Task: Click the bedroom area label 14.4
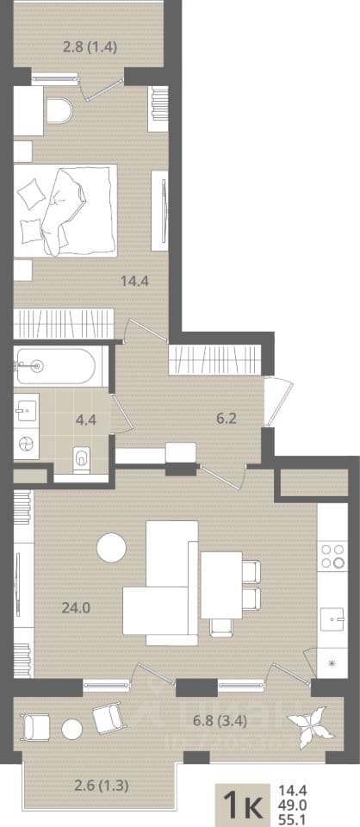pos(135,281)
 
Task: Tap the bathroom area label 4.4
pos(85,420)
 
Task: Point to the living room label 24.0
pos(77,607)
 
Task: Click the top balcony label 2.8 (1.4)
pos(90,47)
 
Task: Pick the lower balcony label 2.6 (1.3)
pos(102,786)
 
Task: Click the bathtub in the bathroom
pos(56,365)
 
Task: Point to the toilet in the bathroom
pos(82,457)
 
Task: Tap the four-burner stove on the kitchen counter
pos(332,555)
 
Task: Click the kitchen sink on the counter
pos(332,615)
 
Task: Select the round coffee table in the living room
pos(111,548)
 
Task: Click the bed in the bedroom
pos(65,210)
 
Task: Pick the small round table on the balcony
pos(71,730)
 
